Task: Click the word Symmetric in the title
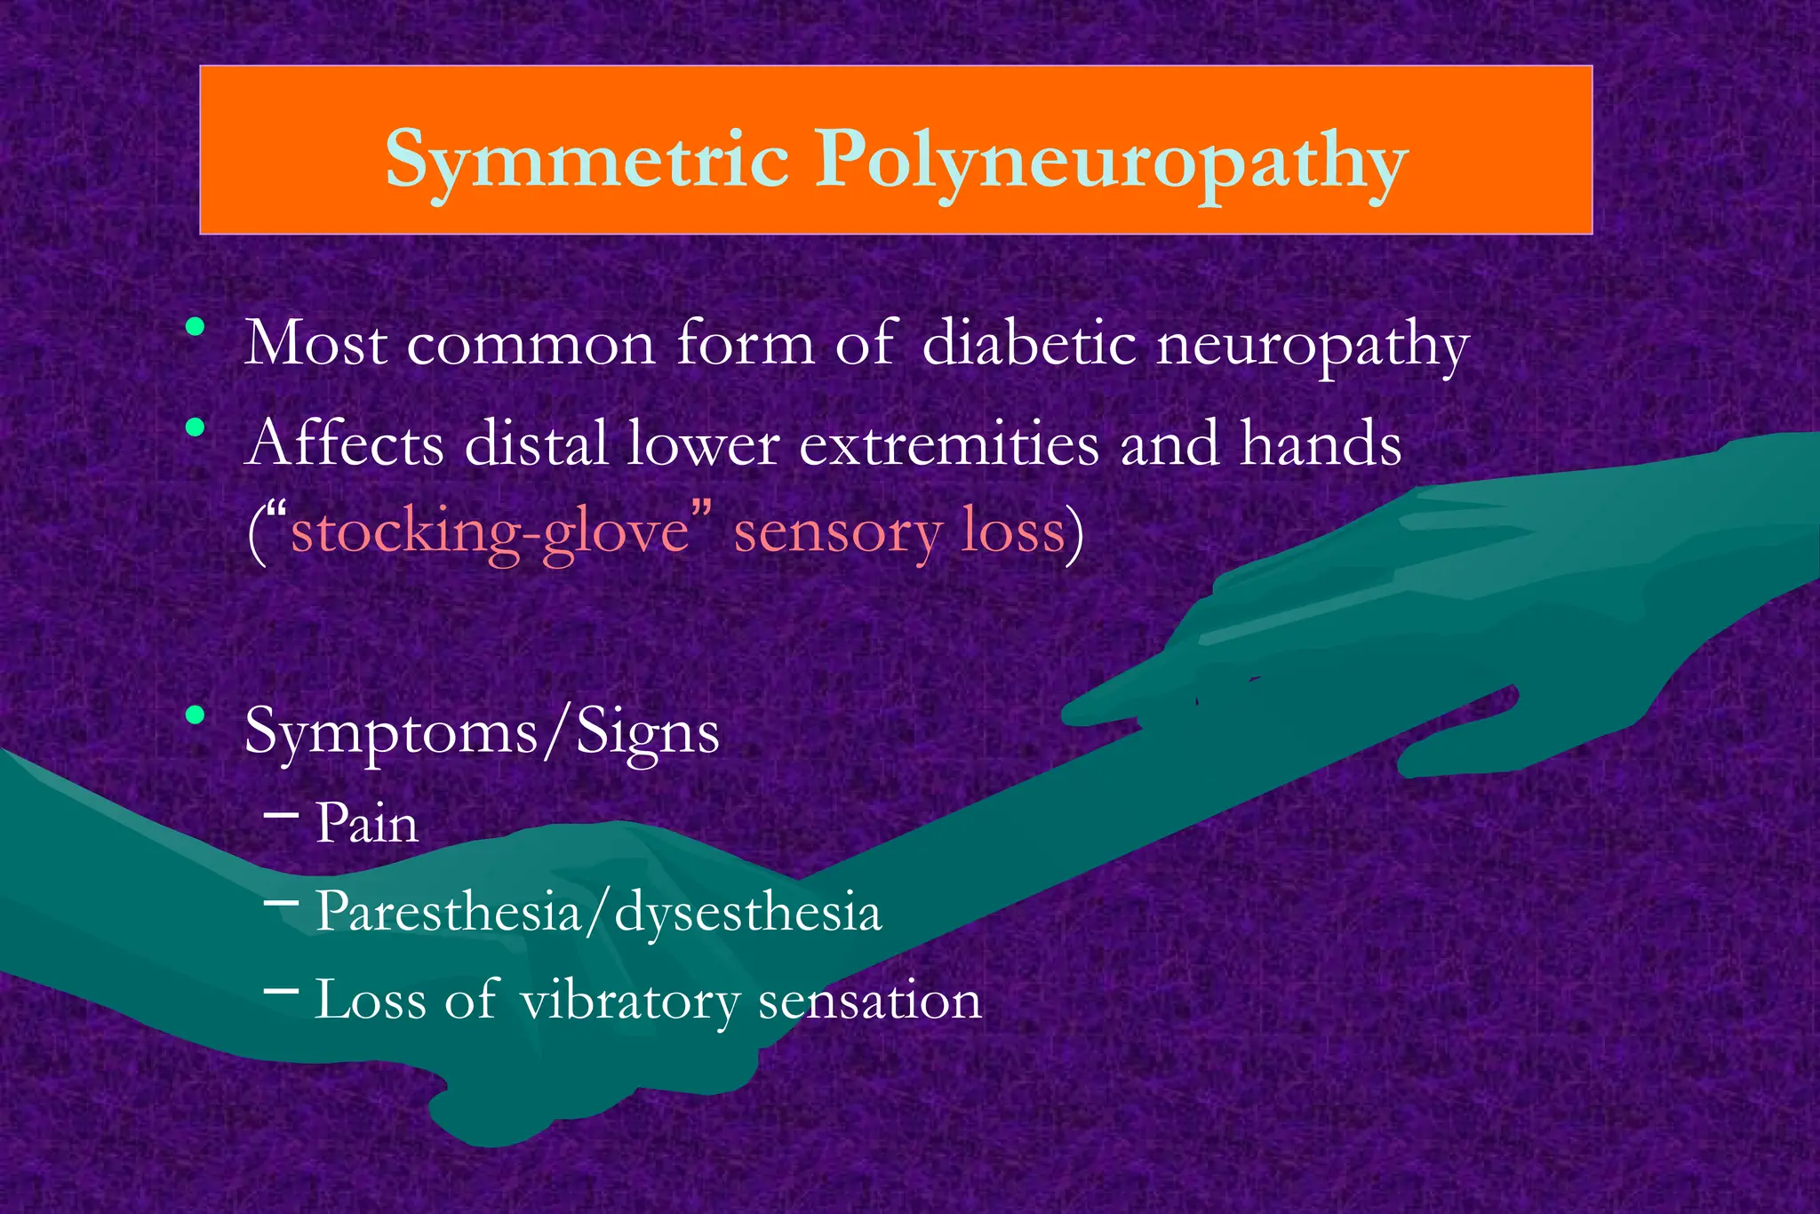587,160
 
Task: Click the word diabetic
1029,343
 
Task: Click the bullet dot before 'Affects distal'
196,427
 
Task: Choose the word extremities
949,443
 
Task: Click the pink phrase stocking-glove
491,533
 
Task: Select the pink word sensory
837,535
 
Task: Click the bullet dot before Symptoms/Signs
196,715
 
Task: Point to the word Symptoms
391,734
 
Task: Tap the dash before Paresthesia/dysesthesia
281,902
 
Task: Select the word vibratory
629,1001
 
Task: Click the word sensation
870,1000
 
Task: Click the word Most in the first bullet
316,343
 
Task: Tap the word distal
536,443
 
